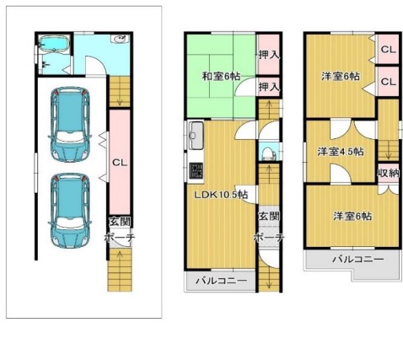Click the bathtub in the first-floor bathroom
(x=54, y=44)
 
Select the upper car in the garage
(x=70, y=124)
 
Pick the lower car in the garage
(x=70, y=211)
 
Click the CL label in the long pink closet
(x=120, y=163)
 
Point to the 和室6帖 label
(x=221, y=76)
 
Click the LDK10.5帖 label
(x=222, y=195)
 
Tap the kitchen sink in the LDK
(x=196, y=136)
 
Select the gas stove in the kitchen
(x=196, y=170)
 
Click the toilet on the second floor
(x=267, y=153)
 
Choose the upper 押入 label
(x=269, y=55)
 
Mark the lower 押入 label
(x=269, y=87)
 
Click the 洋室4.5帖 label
(x=341, y=152)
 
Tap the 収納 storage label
(x=388, y=173)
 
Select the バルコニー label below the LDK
(x=222, y=281)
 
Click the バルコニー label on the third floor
(x=358, y=259)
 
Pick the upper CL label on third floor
(x=389, y=50)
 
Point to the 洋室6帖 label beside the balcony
(x=352, y=216)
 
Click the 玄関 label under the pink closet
(x=120, y=222)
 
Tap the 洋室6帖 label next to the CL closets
(x=341, y=76)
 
